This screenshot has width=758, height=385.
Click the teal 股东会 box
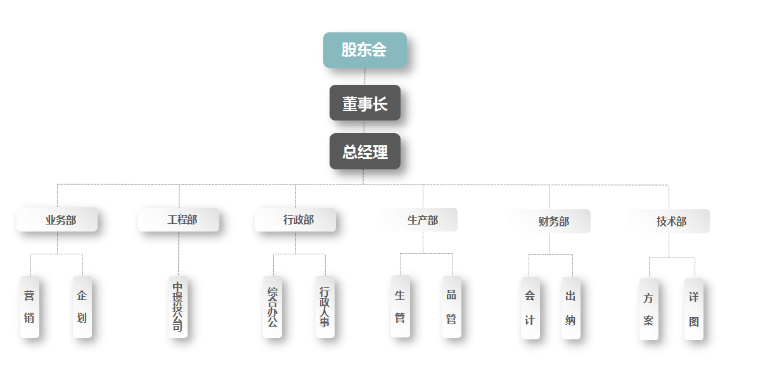[364, 50]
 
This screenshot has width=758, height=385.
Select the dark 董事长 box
[364, 103]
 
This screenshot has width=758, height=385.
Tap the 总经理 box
[364, 152]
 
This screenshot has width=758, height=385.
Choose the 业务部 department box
[57, 220]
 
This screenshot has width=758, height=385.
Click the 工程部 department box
[179, 220]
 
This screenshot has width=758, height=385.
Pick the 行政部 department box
[295, 220]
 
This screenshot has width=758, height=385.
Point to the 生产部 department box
[418, 220]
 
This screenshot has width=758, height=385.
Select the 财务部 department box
[551, 221]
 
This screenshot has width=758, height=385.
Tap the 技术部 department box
[670, 221]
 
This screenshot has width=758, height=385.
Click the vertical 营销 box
[30, 307]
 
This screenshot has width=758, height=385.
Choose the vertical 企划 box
[82, 307]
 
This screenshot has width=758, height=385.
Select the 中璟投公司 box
[178, 307]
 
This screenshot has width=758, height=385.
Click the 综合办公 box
[273, 307]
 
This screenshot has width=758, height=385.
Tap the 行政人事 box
[325, 307]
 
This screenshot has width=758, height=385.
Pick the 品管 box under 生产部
[452, 307]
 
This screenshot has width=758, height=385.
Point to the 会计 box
[530, 308]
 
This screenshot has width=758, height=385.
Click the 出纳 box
[571, 308]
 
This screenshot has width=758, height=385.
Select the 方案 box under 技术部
[649, 309]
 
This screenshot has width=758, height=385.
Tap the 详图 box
[694, 309]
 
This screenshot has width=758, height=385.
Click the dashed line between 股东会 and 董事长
[365, 77]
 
